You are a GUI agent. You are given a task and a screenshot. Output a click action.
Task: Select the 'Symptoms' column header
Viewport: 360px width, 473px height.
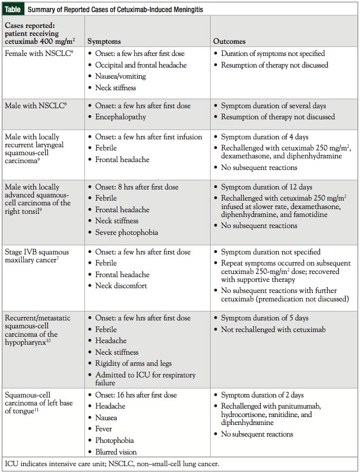click(x=104, y=41)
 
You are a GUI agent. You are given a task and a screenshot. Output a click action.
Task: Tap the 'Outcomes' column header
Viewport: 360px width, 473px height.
click(x=229, y=41)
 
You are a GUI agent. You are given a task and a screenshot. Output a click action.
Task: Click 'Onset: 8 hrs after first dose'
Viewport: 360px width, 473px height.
click(x=137, y=187)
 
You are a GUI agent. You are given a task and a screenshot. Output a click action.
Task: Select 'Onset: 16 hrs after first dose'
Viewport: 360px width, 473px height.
click(x=139, y=395)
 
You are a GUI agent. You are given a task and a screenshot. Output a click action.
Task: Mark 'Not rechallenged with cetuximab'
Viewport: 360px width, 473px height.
click(x=273, y=329)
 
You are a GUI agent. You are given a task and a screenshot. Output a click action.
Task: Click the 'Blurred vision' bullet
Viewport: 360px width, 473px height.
click(x=116, y=452)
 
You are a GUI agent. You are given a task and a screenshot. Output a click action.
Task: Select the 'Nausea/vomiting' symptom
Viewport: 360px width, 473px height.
click(x=120, y=76)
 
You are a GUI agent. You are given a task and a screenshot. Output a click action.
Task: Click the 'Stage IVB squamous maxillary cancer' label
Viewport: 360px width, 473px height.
click(x=36, y=257)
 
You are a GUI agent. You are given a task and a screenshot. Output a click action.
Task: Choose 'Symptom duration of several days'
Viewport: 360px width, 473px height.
click(x=273, y=106)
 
